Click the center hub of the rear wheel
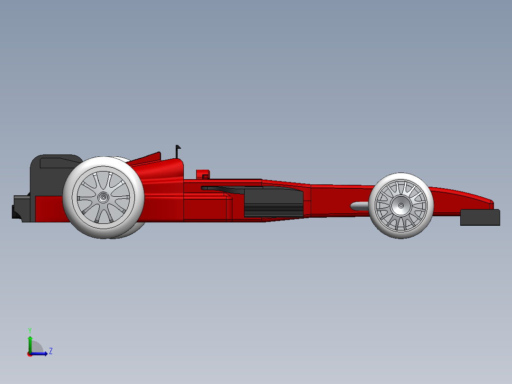click(x=103, y=197)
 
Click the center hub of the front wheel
click(x=401, y=206)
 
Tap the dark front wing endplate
click(x=480, y=217)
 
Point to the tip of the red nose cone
click(x=491, y=203)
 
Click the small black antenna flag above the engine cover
click(x=178, y=148)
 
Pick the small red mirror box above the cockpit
click(x=203, y=173)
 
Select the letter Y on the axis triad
click(x=29, y=330)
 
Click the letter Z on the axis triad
click(x=50, y=351)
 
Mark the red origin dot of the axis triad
click(x=29, y=354)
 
